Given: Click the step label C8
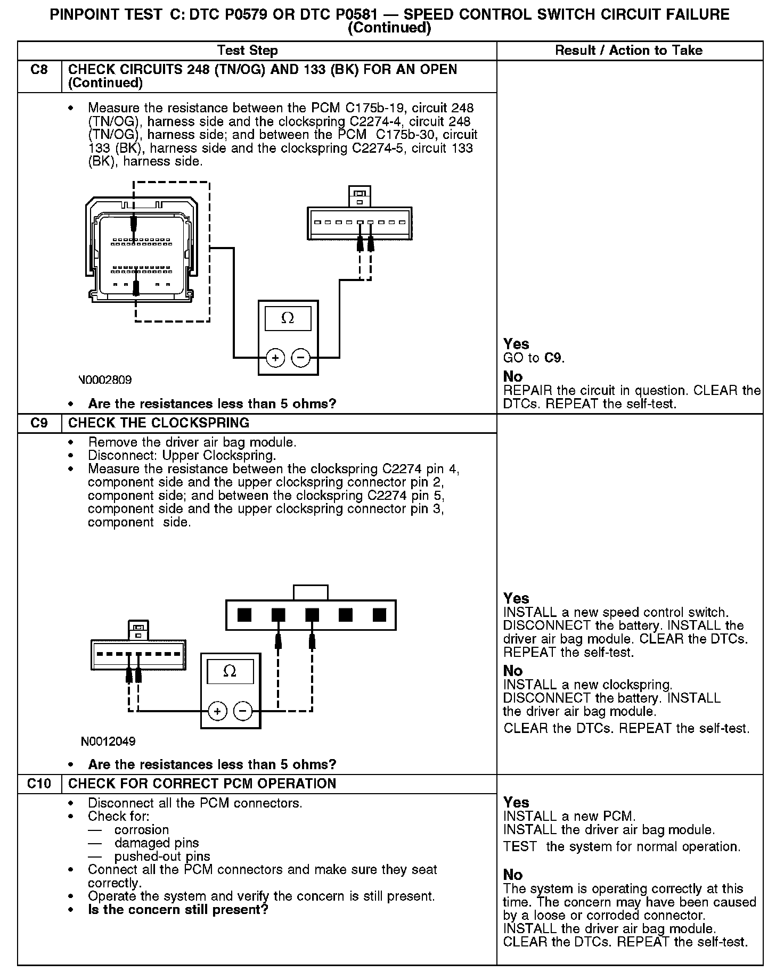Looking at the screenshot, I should point(39,70).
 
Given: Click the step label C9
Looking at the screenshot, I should point(39,423).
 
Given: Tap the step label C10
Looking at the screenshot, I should point(39,784).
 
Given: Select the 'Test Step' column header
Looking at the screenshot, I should point(248,51).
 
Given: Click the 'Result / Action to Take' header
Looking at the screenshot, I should point(628,51).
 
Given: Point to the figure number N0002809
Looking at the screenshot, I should point(105,380).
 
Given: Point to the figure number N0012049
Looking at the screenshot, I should point(108,741).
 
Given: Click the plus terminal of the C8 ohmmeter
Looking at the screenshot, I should point(275,358).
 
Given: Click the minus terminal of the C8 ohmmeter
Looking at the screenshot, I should point(301,358).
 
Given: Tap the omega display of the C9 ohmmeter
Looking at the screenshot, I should point(230,671).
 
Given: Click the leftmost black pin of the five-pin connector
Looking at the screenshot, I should point(244,615).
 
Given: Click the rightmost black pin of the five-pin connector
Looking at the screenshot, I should point(379,615).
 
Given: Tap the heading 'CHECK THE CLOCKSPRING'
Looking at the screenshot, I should point(159,423).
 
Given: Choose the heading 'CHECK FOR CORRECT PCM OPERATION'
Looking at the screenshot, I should point(202,784).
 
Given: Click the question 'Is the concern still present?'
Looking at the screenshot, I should point(178,909).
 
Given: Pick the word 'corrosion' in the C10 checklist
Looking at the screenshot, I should point(142,829).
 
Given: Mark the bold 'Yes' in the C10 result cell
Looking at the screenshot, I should point(516,802).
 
